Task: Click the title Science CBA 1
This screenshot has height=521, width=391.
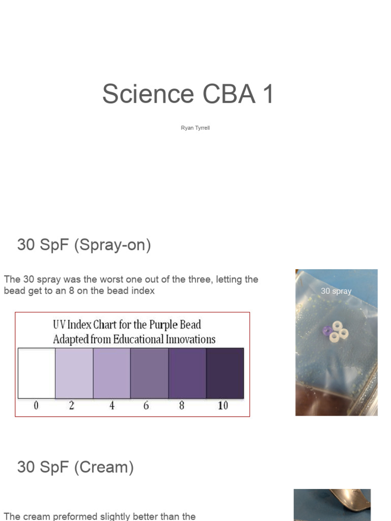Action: (x=188, y=94)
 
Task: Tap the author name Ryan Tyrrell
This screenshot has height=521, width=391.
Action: (x=195, y=128)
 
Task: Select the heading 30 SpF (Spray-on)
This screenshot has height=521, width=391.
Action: (x=84, y=245)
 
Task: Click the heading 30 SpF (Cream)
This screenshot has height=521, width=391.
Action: (x=75, y=467)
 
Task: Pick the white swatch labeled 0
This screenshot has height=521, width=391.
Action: (x=36, y=373)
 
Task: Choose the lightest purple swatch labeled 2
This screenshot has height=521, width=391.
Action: (x=74, y=373)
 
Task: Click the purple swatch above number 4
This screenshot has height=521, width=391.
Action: (x=111, y=373)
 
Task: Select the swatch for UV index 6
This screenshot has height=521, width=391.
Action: (x=149, y=373)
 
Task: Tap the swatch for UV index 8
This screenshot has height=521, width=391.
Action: (x=187, y=373)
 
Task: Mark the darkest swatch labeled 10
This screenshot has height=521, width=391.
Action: (x=225, y=373)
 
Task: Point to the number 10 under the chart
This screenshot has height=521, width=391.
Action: (x=222, y=406)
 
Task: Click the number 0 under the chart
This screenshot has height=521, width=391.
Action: (x=36, y=406)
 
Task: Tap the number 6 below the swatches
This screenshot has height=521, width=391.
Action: (x=146, y=406)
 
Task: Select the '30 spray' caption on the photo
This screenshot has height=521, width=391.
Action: (x=336, y=292)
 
